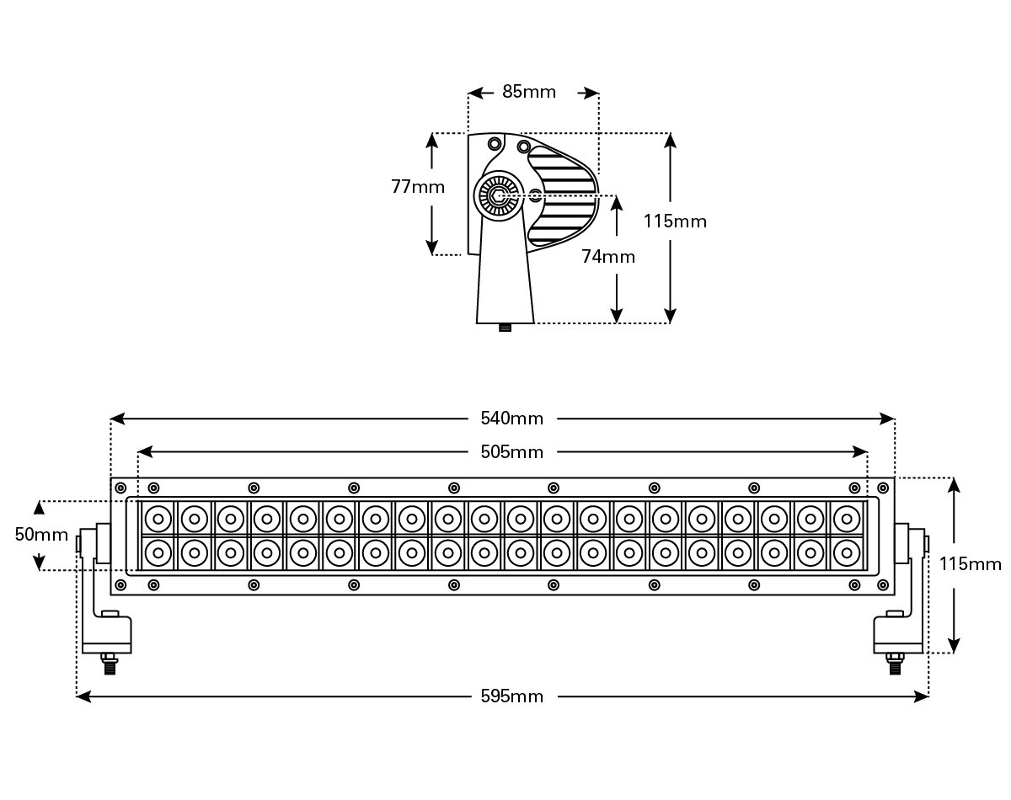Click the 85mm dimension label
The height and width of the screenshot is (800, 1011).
(529, 92)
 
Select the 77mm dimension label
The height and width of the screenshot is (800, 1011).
(418, 187)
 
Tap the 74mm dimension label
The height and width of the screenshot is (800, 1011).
(608, 257)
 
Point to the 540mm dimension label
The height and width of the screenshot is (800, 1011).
(511, 418)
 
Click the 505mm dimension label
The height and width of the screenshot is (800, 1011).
(511, 452)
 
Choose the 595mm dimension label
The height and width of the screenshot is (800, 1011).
(511, 696)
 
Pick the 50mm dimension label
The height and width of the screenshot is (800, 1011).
(41, 535)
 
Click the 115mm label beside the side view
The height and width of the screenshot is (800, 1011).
(675, 221)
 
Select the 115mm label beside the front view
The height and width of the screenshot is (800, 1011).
(970, 564)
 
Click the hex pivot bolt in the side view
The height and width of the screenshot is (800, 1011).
(496, 195)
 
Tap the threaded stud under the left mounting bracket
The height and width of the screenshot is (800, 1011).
(110, 664)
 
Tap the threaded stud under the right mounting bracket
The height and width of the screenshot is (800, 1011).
(895, 664)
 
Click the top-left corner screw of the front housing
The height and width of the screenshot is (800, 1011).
(120, 488)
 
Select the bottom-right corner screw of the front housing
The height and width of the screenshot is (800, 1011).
(883, 585)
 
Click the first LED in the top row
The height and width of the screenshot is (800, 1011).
(158, 519)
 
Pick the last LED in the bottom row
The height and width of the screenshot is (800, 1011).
(847, 553)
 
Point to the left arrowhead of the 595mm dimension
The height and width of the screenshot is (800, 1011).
(83, 696)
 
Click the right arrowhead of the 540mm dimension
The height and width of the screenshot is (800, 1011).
(887, 419)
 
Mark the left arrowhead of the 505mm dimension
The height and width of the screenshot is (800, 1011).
(145, 452)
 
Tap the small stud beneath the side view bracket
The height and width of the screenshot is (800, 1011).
(505, 328)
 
